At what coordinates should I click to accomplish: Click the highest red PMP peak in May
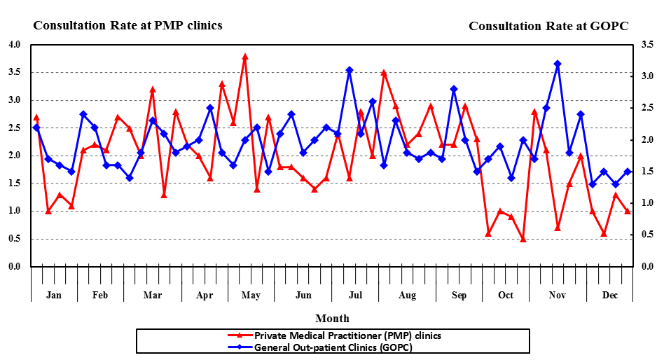pyautogui.click(x=245, y=56)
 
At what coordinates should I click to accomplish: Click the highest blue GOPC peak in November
pyautogui.click(x=558, y=64)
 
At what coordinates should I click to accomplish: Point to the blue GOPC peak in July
pyautogui.click(x=349, y=70)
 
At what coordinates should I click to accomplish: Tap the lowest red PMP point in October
pyautogui.click(x=523, y=239)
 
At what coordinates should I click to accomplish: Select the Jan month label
pyautogui.click(x=54, y=295)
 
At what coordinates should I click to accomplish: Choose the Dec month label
pyautogui.click(x=610, y=295)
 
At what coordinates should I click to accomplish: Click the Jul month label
pyautogui.click(x=355, y=295)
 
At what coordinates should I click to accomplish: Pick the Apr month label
pyautogui.click(x=205, y=295)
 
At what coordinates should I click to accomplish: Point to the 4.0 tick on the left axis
pyautogui.click(x=14, y=45)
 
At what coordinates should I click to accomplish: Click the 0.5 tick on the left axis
pyautogui.click(x=14, y=239)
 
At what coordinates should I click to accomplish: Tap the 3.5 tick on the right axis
pyautogui.click(x=647, y=45)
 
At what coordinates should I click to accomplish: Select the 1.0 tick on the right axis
pyautogui.click(x=647, y=203)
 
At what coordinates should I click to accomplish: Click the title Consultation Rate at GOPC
pyautogui.click(x=548, y=26)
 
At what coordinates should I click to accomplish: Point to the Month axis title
pyautogui.click(x=332, y=319)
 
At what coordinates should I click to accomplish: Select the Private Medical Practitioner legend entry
pyautogui.click(x=347, y=335)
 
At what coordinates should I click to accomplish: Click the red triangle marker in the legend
pyautogui.click(x=240, y=335)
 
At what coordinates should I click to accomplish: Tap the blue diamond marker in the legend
pyautogui.click(x=240, y=347)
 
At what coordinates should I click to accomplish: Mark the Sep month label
pyautogui.click(x=459, y=295)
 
